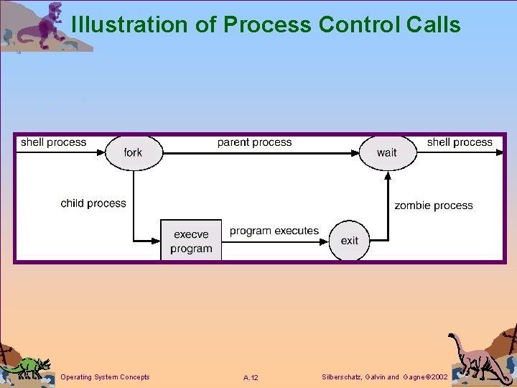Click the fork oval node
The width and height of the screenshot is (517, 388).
pos(134,152)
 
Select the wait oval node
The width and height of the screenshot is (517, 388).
pos(387,152)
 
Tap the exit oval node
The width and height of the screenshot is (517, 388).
pos(350,241)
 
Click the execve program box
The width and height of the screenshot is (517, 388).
pos(191,241)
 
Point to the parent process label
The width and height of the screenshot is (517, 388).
pos(254,142)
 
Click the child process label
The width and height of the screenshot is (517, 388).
pos(93,203)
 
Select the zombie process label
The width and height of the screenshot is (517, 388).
pos(433,205)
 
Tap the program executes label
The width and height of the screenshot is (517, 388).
pos(274,231)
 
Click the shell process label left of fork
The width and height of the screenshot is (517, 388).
pos(53,142)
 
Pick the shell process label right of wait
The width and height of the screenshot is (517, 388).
pos(460,142)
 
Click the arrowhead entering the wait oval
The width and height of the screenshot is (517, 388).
pos(354,152)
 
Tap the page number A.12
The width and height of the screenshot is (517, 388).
pos(251,378)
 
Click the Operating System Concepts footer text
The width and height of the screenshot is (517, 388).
pos(106,377)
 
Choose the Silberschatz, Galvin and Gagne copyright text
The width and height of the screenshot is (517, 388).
pos(386,377)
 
